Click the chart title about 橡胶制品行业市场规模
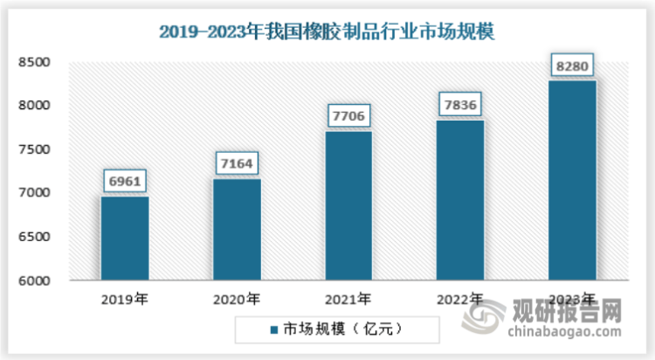(x=327, y=33)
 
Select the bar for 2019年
(x=124, y=239)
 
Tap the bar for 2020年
(x=236, y=230)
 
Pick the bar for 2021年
(x=348, y=206)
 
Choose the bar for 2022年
(x=459, y=200)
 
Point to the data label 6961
(x=124, y=181)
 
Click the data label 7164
(x=236, y=163)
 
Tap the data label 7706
(x=348, y=115)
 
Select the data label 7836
(x=459, y=104)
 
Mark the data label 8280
(x=571, y=65)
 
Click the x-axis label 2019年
(x=124, y=299)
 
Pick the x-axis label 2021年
(x=348, y=299)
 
